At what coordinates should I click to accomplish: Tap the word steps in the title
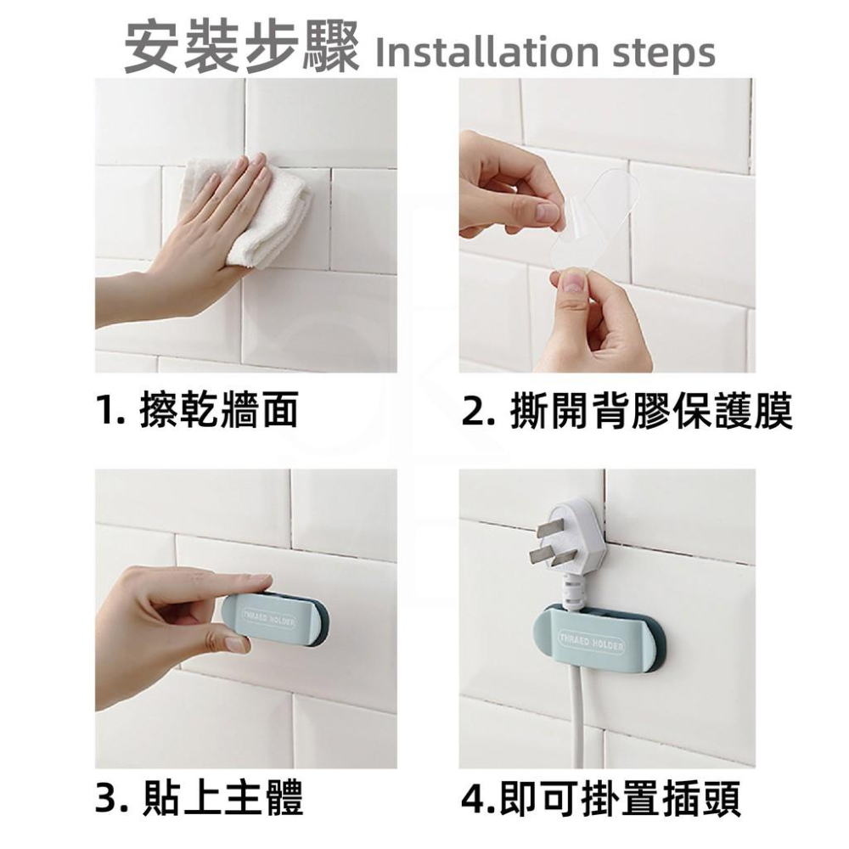663,53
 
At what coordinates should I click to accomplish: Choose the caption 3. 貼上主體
198,798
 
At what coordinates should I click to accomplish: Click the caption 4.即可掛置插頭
601,798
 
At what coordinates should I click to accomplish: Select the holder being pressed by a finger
280,617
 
